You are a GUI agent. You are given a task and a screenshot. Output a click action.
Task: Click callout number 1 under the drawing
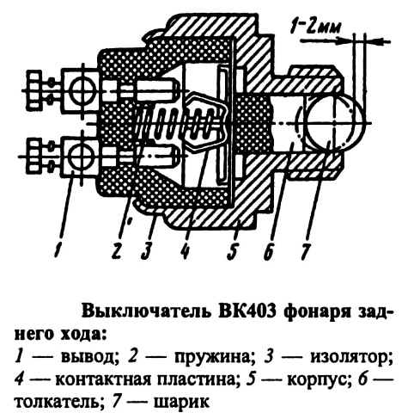(x=59, y=250)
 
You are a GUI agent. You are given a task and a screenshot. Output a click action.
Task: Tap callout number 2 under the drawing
(x=117, y=250)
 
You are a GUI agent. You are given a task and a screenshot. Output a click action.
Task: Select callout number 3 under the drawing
(x=148, y=250)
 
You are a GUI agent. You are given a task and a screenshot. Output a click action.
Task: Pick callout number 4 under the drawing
(x=186, y=250)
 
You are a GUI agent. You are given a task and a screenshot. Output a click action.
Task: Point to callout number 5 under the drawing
(x=233, y=250)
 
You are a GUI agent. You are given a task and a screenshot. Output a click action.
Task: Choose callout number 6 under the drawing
(x=269, y=250)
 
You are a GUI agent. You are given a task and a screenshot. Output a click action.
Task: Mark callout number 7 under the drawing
(x=306, y=250)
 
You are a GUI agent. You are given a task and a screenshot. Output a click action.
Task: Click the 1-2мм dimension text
(x=315, y=28)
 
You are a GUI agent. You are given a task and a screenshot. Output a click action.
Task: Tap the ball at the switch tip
(x=336, y=123)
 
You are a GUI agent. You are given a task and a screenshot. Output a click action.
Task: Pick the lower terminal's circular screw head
(x=82, y=157)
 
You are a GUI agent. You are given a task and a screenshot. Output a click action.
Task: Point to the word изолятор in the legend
(x=351, y=358)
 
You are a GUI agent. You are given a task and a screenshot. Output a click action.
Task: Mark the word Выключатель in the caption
(x=146, y=312)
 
